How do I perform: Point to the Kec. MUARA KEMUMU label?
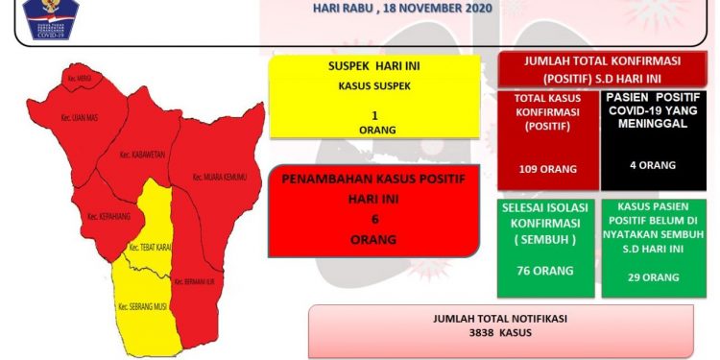[219, 177]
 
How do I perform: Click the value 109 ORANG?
[545, 169]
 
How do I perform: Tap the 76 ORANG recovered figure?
[544, 271]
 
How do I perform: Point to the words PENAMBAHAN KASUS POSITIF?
[372, 180]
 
